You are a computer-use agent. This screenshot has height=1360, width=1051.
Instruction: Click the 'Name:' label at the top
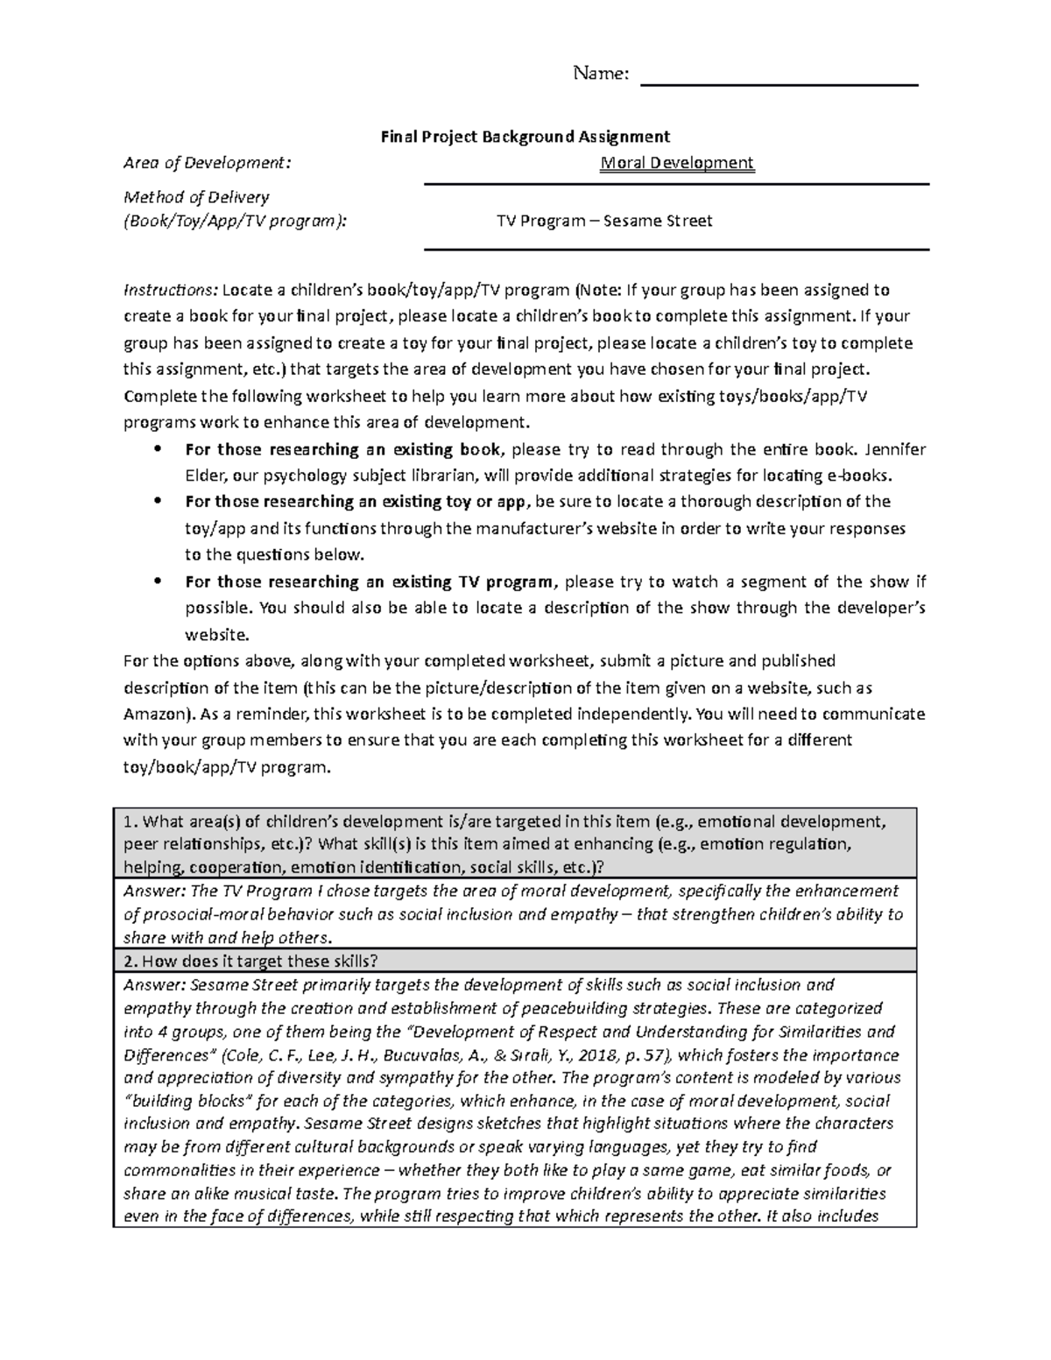600,74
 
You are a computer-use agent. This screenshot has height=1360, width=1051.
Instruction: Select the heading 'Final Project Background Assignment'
524,137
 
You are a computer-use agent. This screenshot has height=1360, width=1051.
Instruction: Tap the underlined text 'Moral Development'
676,163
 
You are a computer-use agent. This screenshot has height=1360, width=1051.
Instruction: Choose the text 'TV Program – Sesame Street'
604,221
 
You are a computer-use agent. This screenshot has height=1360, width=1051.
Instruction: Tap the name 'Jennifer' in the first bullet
895,450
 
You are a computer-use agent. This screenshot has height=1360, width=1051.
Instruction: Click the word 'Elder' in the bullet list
205,476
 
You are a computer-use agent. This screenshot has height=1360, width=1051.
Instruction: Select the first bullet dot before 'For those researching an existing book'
157,450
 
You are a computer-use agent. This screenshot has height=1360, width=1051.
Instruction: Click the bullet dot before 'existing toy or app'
157,502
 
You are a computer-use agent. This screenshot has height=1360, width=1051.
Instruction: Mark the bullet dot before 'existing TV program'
157,581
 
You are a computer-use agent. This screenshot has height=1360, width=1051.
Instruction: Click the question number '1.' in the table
130,822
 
